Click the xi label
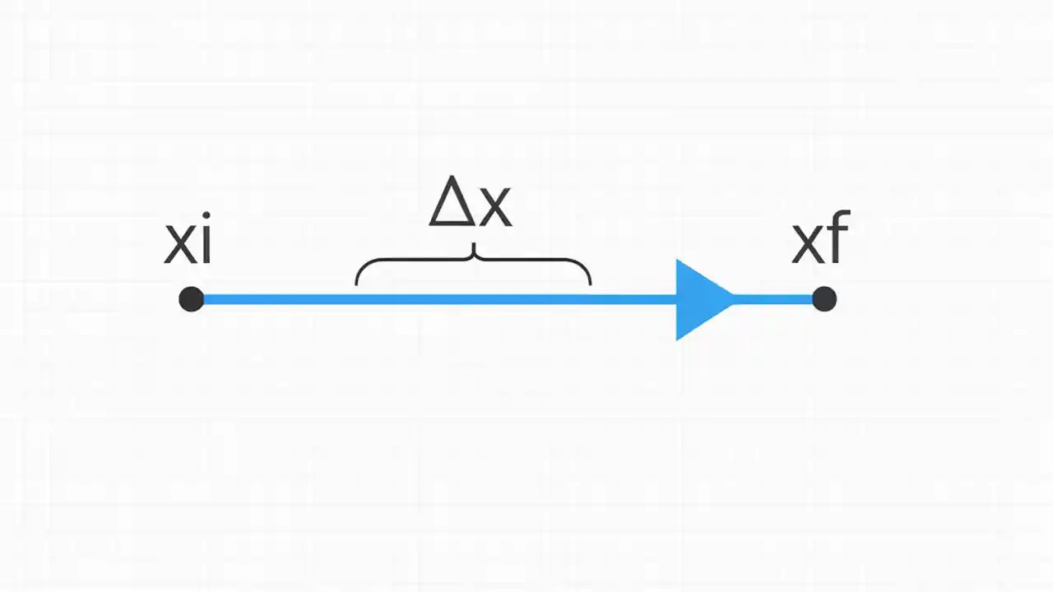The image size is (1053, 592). click(x=188, y=242)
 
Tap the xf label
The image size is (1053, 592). click(x=820, y=239)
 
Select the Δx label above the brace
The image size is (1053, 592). click(x=471, y=203)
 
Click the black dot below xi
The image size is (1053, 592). click(x=191, y=299)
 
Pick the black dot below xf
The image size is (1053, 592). click(x=823, y=299)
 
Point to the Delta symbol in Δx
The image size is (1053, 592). click(x=451, y=203)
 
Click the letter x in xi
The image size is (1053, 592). click(x=180, y=245)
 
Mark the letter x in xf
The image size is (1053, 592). click(x=807, y=245)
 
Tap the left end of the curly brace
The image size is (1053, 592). click(x=356, y=283)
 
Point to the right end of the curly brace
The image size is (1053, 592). click(x=590, y=283)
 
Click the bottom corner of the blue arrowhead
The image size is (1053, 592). click(x=678, y=337)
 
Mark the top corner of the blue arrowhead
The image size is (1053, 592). click(x=678, y=262)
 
